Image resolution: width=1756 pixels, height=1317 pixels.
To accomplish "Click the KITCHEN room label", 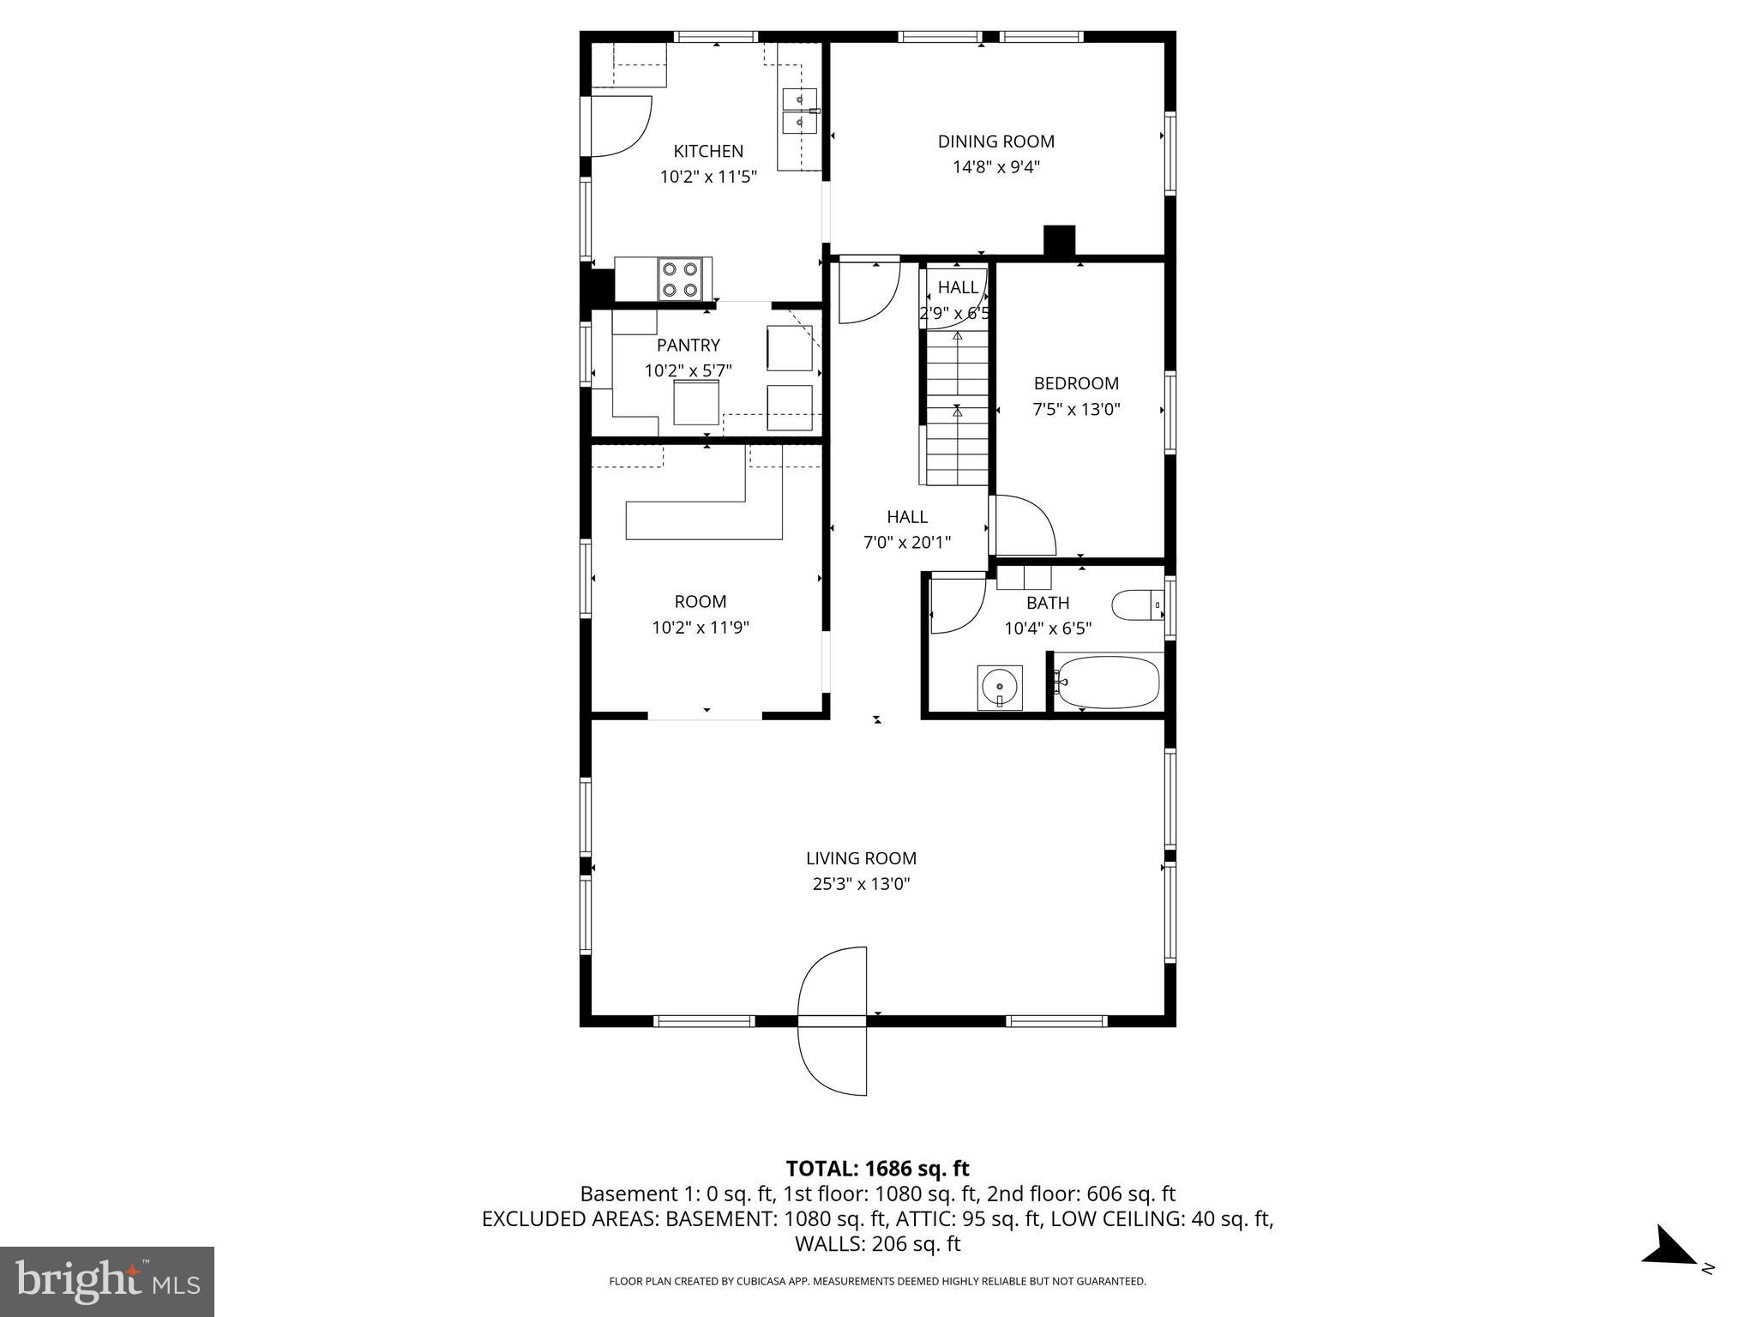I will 708,152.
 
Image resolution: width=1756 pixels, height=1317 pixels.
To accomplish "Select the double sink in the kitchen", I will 799,111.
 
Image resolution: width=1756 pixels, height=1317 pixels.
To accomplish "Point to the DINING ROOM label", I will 995,141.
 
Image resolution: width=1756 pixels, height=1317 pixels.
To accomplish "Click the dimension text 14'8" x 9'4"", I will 995,167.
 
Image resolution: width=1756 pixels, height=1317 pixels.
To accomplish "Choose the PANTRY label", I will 688,345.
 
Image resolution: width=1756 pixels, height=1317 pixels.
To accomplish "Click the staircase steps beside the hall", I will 956,412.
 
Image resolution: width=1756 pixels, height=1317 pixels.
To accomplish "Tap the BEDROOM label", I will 1076,383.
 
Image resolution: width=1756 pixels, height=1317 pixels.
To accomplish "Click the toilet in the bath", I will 1136,605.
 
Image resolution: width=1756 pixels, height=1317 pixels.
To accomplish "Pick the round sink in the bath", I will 1000,687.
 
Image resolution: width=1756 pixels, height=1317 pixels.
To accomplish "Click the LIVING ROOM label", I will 861,858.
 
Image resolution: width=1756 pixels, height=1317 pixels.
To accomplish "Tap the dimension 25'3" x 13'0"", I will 861,884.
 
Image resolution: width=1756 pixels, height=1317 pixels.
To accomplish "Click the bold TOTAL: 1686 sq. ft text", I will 877,1169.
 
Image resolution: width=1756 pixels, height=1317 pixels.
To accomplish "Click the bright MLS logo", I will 107,1281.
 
